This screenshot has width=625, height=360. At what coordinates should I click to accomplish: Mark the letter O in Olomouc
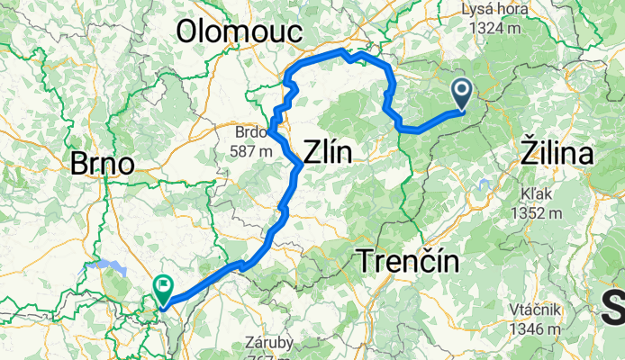(x=190, y=31)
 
